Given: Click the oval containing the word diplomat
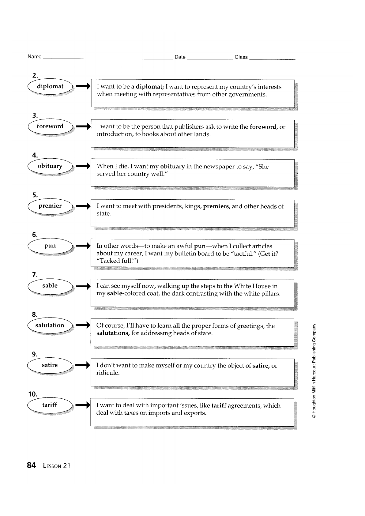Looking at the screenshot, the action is coord(50,86).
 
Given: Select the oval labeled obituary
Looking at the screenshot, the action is coord(50,166).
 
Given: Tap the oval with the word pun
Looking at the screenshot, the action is coord(50,246).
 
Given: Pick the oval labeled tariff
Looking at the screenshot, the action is coord(50,405).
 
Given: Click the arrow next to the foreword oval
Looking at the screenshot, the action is coord(83,126).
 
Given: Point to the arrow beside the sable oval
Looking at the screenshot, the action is coord(83,286).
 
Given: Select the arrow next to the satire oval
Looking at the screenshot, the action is coord(83,365).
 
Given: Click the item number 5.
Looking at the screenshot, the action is coord(35,195).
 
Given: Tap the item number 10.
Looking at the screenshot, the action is coord(33,394).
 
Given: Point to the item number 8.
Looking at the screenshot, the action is coord(35,314).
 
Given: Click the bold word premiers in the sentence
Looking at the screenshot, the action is coord(216,206).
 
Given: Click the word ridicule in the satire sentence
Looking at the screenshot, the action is coord(108,373).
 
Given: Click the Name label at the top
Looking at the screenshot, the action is coord(35,56).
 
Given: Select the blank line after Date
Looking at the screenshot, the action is coord(210,59).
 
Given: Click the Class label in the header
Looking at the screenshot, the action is coord(241,57).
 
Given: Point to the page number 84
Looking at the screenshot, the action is coord(31,465).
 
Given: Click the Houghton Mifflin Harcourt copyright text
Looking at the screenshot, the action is coord(314,371).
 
